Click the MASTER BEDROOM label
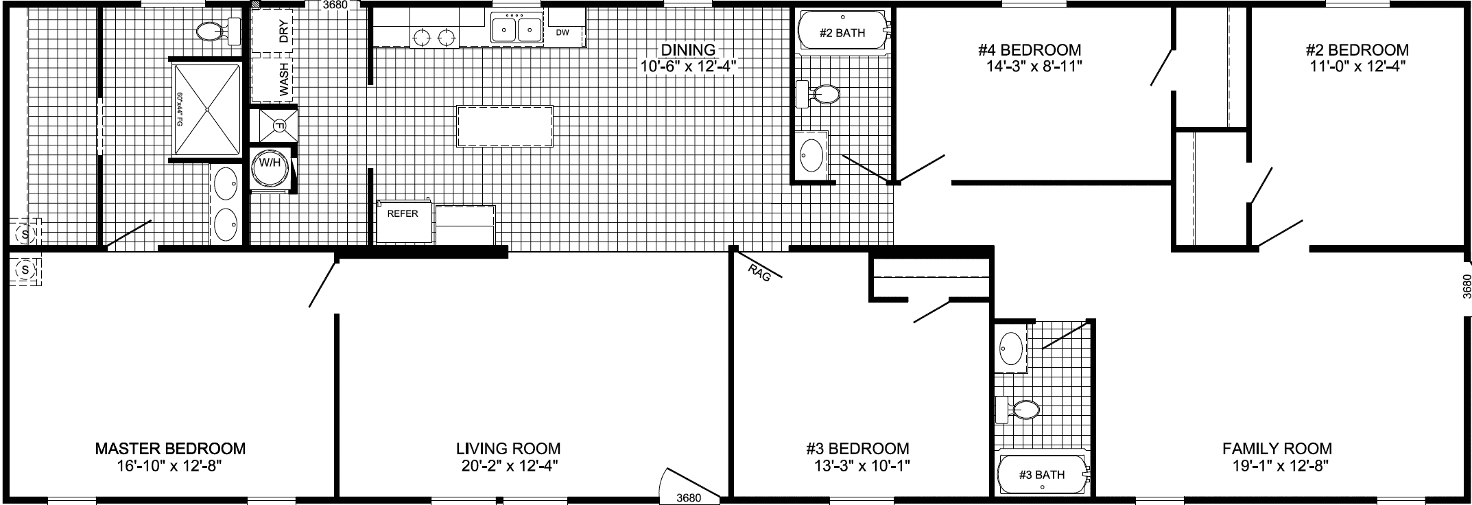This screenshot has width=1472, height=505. (x=170, y=449)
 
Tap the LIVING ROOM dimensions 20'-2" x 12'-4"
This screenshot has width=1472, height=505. (x=508, y=467)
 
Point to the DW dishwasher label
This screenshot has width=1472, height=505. (x=563, y=32)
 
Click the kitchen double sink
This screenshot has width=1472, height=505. (x=517, y=30)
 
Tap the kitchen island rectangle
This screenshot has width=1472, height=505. (x=505, y=126)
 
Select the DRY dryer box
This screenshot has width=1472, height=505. (x=271, y=32)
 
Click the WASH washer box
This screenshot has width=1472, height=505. (x=271, y=79)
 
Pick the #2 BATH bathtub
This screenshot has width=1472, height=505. (x=842, y=32)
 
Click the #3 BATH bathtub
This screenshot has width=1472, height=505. (x=1041, y=475)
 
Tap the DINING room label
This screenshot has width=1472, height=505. (x=688, y=49)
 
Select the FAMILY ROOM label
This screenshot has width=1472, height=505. (x=1277, y=449)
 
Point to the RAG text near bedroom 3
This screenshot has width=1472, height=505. (x=760, y=274)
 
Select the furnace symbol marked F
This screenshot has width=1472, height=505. (x=279, y=126)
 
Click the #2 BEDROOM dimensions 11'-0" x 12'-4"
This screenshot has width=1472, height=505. (x=1357, y=67)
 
